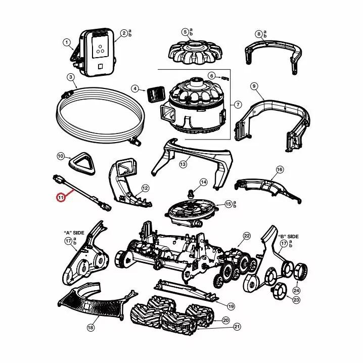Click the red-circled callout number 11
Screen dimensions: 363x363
point(61,198)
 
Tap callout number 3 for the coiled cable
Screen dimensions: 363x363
point(71,77)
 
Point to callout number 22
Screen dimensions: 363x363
point(247,236)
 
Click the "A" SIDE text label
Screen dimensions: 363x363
point(74,233)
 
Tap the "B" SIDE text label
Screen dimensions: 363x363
point(288,237)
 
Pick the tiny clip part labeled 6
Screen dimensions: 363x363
point(225,78)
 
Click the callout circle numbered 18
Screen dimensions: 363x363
point(90,327)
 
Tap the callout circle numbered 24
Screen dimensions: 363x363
point(297,291)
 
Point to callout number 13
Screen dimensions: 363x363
point(183,164)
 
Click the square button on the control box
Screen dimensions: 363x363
point(100,67)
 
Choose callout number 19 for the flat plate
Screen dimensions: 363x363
point(231,306)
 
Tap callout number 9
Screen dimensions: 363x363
point(254,86)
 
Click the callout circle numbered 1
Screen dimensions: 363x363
point(67,42)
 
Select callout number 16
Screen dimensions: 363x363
point(280,169)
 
